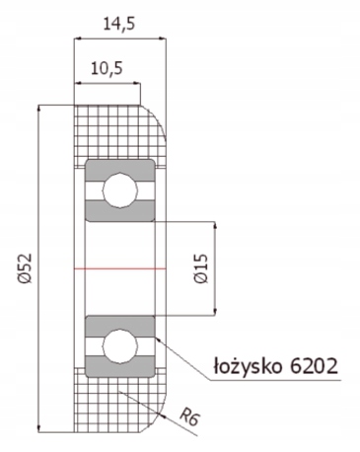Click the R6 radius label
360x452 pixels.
(x=193, y=418)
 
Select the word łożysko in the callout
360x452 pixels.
(x=250, y=367)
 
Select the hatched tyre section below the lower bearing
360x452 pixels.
(x=108, y=405)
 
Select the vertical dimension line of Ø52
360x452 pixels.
(x=38, y=197)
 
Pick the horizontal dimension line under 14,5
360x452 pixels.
(x=119, y=38)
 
